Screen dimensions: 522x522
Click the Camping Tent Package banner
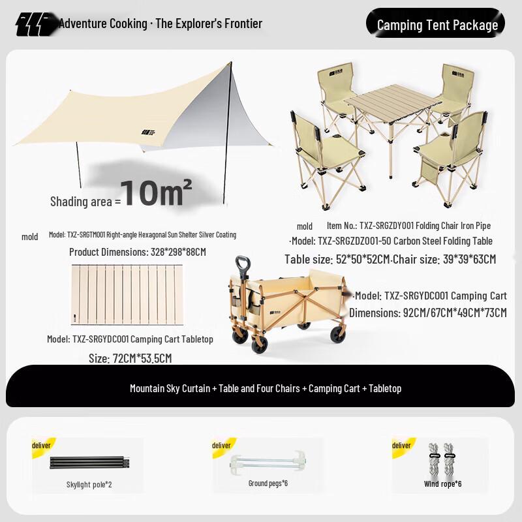click(x=437, y=25)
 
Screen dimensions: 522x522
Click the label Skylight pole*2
click(x=89, y=484)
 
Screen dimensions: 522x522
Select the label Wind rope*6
click(x=442, y=484)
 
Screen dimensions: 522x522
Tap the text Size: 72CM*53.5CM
click(x=130, y=358)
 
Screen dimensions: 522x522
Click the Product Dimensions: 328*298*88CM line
click(x=137, y=251)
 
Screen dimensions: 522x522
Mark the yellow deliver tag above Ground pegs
click(x=221, y=445)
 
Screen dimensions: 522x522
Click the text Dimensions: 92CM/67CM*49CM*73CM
click(x=427, y=313)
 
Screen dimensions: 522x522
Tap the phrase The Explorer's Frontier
click(x=209, y=24)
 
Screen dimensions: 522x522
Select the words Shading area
click(x=82, y=202)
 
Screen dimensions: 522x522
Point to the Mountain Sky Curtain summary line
click(x=265, y=388)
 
